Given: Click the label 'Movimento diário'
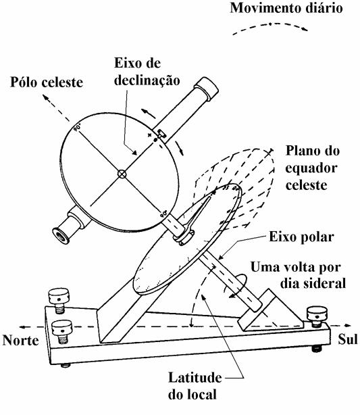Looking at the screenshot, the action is pos(286,8).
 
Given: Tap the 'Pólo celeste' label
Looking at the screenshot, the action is pos(47,82).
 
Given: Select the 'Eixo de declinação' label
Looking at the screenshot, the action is pos(147,72).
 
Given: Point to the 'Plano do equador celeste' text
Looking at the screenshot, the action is pos(313,168).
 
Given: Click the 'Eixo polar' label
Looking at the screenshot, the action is pos(301,237).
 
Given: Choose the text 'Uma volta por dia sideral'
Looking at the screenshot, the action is pos(298,275).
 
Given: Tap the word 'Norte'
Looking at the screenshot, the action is pos(21,340).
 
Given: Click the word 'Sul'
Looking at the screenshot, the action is pos(348,339).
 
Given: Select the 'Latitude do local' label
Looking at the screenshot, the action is pos(195,386).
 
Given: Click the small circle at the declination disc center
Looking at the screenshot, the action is pos(122,174).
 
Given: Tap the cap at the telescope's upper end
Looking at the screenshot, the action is pos(206,89).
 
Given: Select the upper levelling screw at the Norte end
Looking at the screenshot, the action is pos(59,300).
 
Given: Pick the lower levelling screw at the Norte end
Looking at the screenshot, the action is pos(62,332).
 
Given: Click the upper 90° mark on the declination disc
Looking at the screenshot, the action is pos(77,128).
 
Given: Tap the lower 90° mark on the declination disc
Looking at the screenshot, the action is pos(164,214).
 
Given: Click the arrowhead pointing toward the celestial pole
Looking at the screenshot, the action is pos(45,97).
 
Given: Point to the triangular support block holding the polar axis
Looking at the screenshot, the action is pos(269,310).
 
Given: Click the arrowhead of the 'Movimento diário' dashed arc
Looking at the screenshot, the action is pos(305,29).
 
